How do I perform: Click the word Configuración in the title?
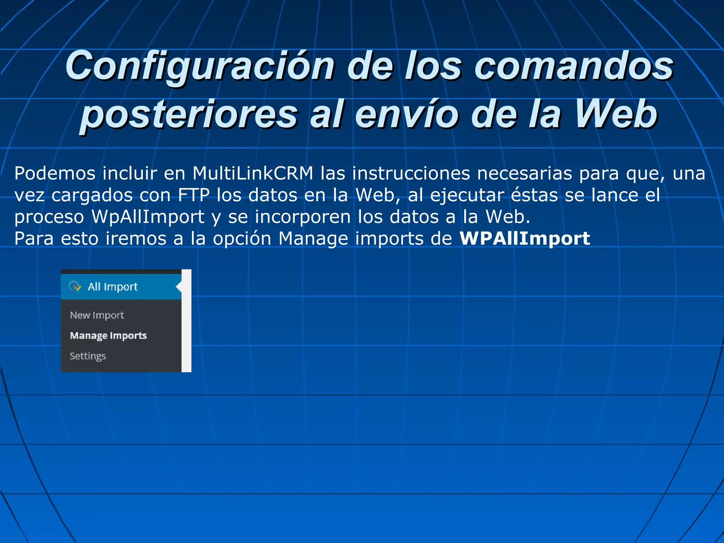point(200,66)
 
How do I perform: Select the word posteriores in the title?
point(189,114)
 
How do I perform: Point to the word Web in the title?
point(615,114)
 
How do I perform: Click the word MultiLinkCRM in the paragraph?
point(253,174)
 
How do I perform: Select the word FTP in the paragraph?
point(194,195)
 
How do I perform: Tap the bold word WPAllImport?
point(525,239)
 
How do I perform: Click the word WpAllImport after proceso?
point(148,217)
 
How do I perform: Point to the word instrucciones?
point(411,174)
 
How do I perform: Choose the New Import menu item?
point(97,315)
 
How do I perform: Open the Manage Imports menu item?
point(108,335)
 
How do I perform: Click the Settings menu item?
point(88,356)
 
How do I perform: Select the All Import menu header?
point(112,287)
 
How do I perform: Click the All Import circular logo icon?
point(75,286)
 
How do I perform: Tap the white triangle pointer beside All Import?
point(179,287)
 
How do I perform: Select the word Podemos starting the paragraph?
point(55,174)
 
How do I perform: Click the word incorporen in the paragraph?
point(303,217)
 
